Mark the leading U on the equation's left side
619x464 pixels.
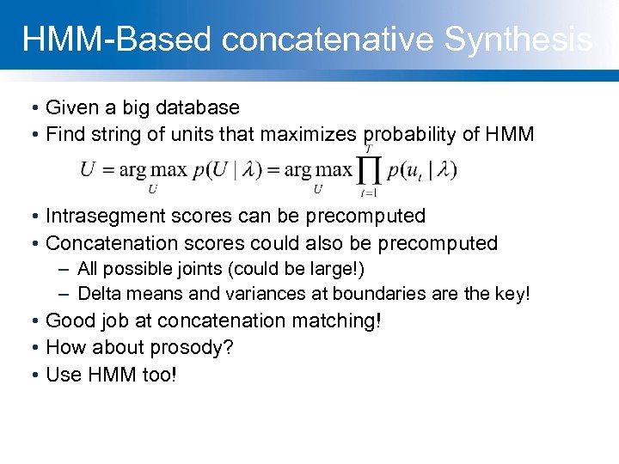pyautogui.click(x=87, y=170)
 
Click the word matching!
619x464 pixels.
pyautogui.click(x=336, y=321)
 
